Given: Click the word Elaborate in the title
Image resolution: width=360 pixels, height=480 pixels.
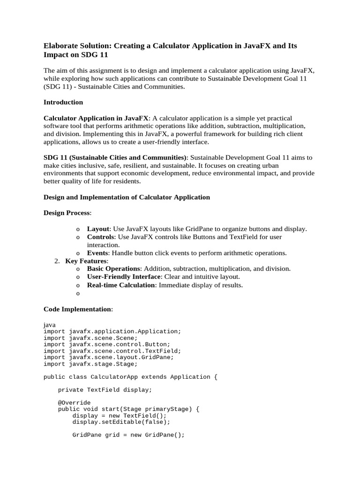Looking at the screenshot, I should coord(61,46).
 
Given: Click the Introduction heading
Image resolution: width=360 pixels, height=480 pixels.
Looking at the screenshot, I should coord(63,102).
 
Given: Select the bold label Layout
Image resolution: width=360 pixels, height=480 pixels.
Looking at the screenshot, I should coord(98,229).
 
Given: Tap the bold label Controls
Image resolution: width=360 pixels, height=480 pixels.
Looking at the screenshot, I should coord(101,237).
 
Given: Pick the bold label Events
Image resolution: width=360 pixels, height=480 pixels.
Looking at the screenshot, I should coord(97,253).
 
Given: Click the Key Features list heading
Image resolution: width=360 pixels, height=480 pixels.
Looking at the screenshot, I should coord(86,261).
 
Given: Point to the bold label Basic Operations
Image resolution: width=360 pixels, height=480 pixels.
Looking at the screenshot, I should coord(114,269).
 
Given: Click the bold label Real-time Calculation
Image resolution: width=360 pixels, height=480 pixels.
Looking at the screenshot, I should coord(121,285).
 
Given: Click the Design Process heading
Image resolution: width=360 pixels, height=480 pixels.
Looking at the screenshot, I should coord(67,213).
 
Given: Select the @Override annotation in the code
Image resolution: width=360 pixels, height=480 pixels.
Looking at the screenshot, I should coord(74,403).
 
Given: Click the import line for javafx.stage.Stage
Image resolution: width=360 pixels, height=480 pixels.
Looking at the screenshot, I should coord(90,364).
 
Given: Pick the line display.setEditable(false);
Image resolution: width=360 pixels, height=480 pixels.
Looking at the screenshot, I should coord(121,422).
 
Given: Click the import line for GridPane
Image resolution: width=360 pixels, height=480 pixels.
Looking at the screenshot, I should coord(108,357).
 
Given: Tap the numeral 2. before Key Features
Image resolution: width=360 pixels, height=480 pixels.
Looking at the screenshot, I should coord(57,261).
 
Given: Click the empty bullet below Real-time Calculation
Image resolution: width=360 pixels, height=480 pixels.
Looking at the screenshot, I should coord(77,293).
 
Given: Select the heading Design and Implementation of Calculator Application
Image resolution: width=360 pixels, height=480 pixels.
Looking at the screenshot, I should coord(127,197).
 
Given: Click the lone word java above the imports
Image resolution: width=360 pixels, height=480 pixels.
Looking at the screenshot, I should coord(50,324).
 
